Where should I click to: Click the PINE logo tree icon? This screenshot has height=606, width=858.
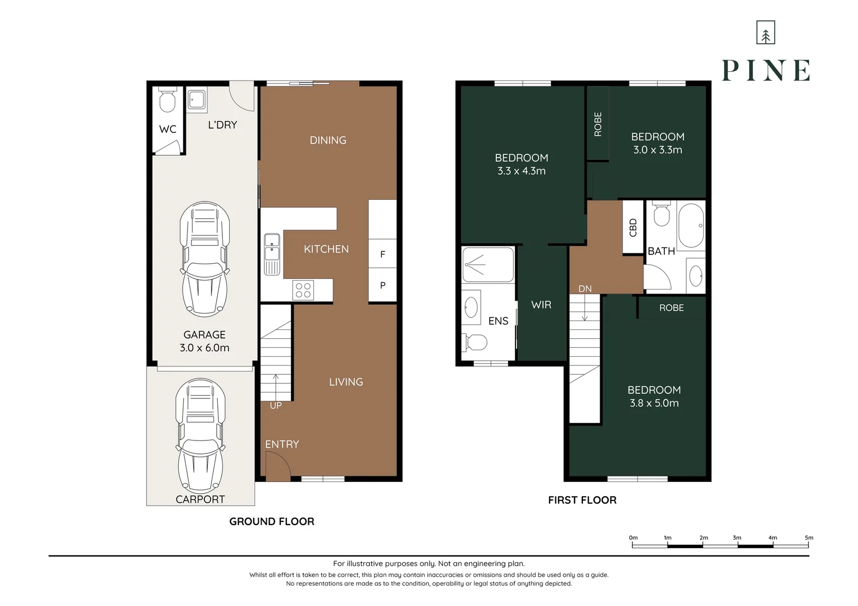pyautogui.click(x=766, y=33)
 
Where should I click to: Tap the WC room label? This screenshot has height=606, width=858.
pyautogui.click(x=168, y=130)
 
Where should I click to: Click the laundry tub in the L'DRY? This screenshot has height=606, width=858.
pyautogui.click(x=197, y=99)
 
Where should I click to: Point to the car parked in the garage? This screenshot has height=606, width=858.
pyautogui.click(x=205, y=259)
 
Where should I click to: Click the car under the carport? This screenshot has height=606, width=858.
pyautogui.click(x=200, y=435)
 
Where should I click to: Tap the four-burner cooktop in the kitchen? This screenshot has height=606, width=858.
pyautogui.click(x=303, y=290)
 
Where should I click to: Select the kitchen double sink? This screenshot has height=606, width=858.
pyautogui.click(x=272, y=254)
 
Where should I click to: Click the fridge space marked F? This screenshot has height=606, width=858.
pyautogui.click(x=382, y=254)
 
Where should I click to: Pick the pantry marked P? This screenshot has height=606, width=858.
pyautogui.click(x=382, y=285)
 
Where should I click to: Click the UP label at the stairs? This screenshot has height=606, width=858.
pyautogui.click(x=276, y=406)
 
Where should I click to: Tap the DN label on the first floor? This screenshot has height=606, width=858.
pyautogui.click(x=585, y=289)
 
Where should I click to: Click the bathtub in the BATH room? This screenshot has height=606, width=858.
pyautogui.click(x=691, y=226)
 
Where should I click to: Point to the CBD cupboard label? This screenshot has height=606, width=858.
pyautogui.click(x=633, y=227)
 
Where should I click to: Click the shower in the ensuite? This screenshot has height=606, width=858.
pyautogui.click(x=488, y=264)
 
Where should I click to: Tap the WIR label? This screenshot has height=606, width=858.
pyautogui.click(x=541, y=305)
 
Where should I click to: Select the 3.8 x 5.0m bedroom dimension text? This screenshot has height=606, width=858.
pyautogui.click(x=654, y=403)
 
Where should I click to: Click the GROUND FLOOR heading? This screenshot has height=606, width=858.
pyautogui.click(x=272, y=521)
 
